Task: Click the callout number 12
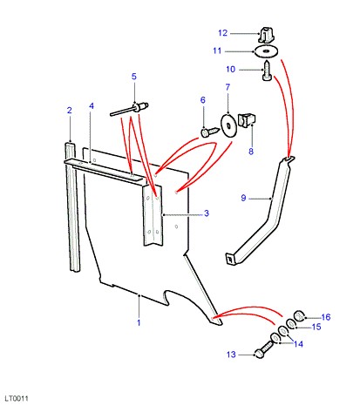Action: tap(222, 33)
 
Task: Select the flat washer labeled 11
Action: tap(266, 51)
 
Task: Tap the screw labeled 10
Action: tap(267, 71)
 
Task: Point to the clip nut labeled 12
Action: tap(267, 34)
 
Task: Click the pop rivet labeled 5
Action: tap(130, 109)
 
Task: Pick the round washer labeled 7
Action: tap(228, 125)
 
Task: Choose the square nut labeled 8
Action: tap(247, 120)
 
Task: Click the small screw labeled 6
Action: tap(210, 132)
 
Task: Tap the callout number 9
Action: tap(243, 198)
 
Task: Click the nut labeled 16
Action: tap(299, 315)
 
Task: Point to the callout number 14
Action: tap(298, 344)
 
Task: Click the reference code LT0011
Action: tap(17, 398)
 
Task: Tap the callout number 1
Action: tap(139, 322)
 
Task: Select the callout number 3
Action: tap(207, 213)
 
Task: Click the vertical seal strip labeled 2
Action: tap(73, 206)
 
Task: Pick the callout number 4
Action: tap(92, 106)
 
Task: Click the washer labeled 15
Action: tap(291, 323)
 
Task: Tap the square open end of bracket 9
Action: tap(230, 259)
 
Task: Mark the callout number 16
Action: tap(326, 317)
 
